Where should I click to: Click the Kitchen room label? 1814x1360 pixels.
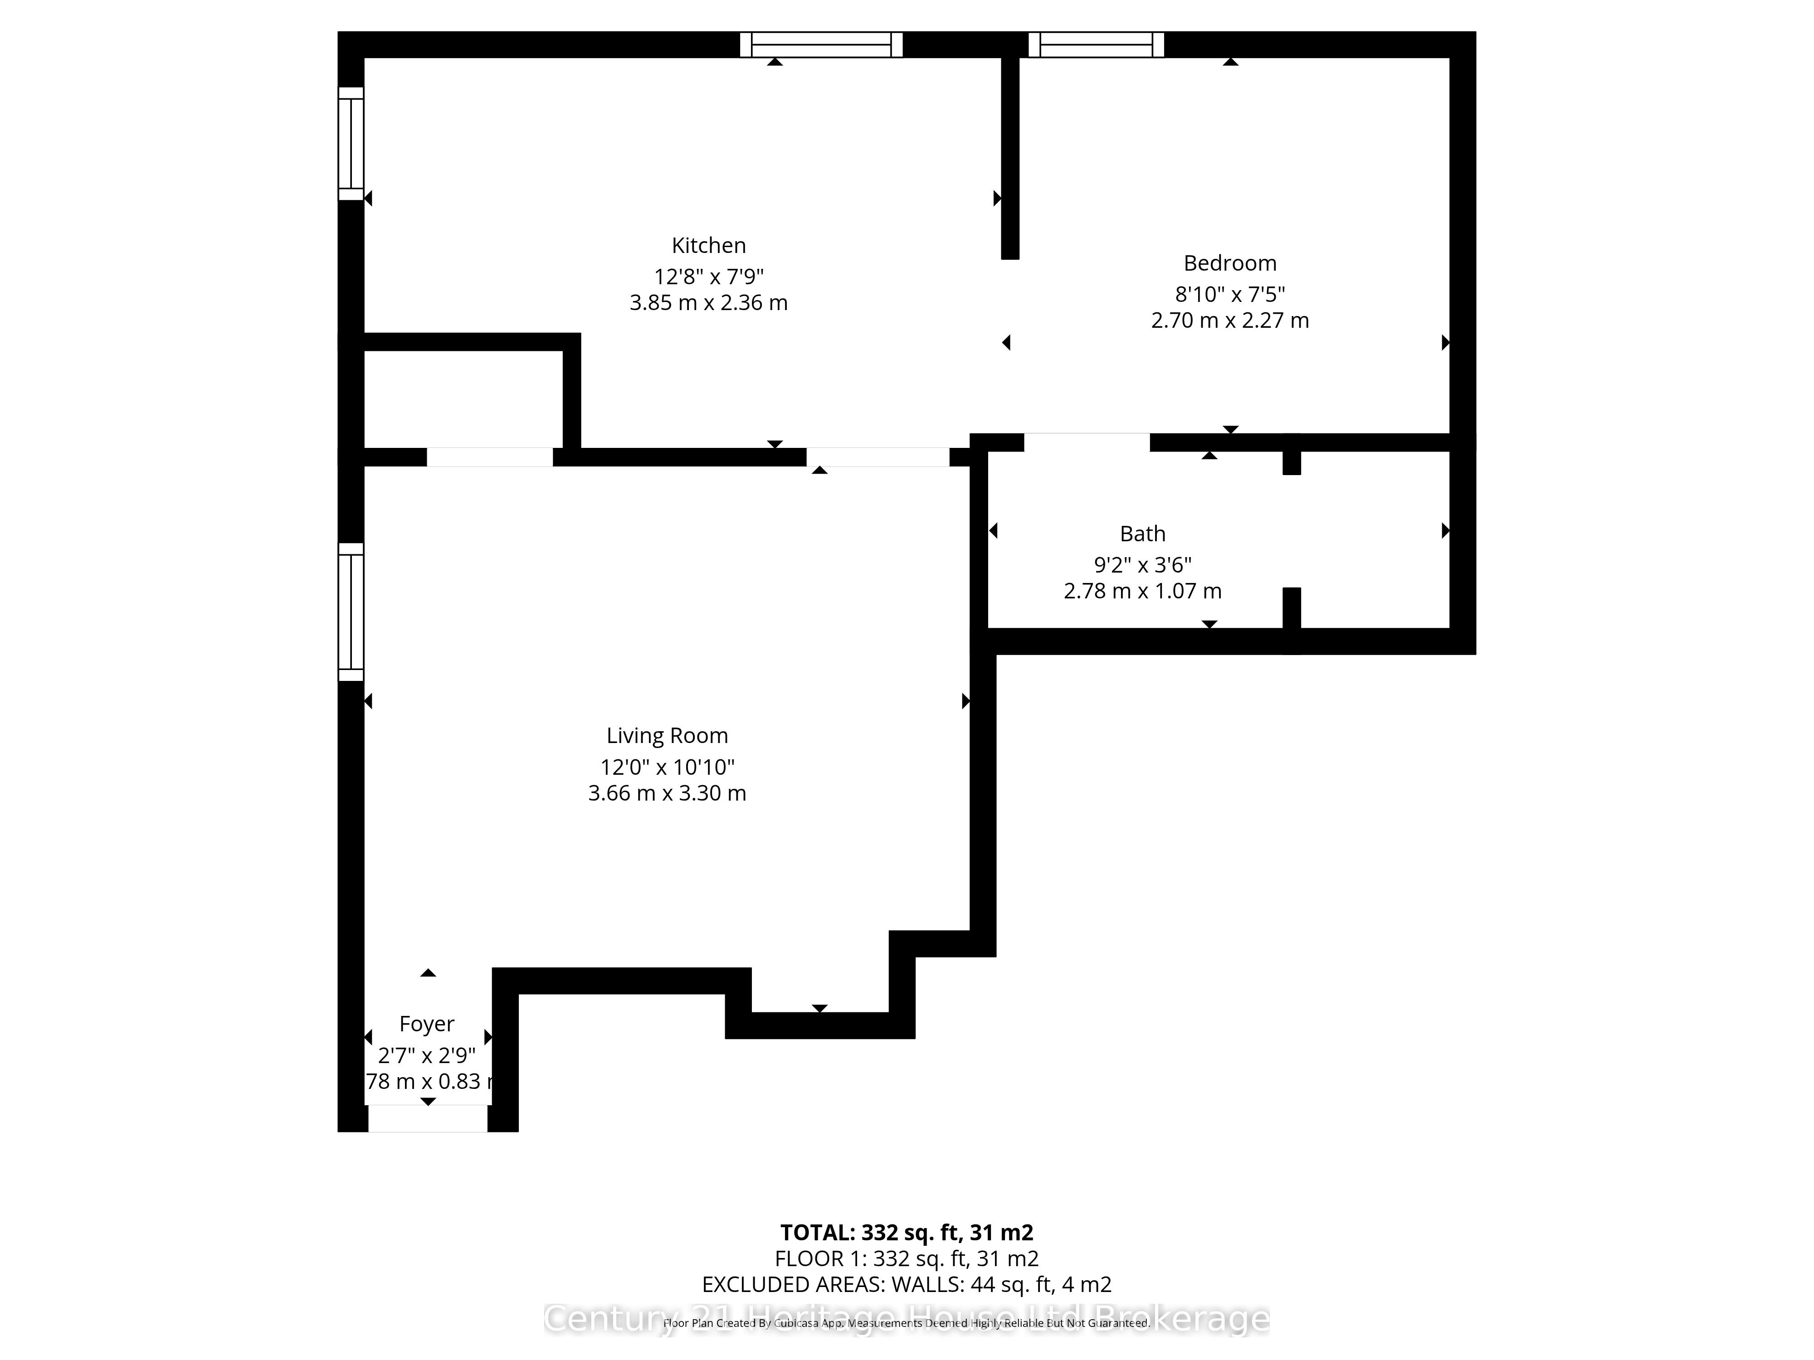pos(708,245)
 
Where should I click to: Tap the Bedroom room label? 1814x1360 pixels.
pos(1229,263)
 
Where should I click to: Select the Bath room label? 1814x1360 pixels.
pos(1142,534)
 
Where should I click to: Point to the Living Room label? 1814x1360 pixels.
pos(667,735)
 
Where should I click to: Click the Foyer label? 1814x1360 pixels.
pos(426,1024)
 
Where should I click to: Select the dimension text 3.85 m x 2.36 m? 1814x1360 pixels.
pos(708,302)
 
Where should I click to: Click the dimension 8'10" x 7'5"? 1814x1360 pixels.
pos(1229,293)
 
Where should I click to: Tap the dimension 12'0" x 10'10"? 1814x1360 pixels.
pos(667,767)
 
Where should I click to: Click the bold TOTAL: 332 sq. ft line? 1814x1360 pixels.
pos(906,1232)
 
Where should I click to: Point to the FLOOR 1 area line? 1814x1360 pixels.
pos(906,1258)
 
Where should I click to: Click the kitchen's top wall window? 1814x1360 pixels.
pos(821,44)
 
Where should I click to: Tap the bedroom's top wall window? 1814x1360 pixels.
pos(1096,44)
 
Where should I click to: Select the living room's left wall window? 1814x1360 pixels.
pos(351,612)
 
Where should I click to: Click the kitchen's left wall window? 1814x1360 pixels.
pos(351,143)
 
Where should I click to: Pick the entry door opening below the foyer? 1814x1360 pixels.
pos(427,1118)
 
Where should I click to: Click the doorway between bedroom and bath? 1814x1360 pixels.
pos(1087,442)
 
